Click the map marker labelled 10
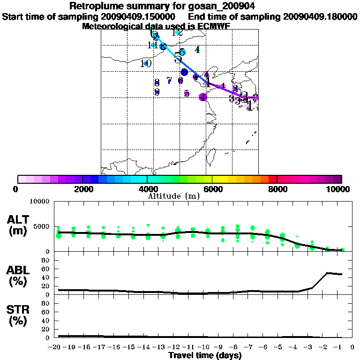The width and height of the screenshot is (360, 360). click(x=146, y=63)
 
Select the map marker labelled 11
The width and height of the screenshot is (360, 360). click(x=153, y=45)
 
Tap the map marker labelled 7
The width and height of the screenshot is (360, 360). click(x=169, y=80)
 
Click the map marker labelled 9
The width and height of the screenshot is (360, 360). click(x=157, y=92)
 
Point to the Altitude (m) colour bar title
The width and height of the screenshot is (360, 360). click(x=173, y=196)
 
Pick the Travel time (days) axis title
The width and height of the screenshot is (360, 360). click(x=205, y=355)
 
